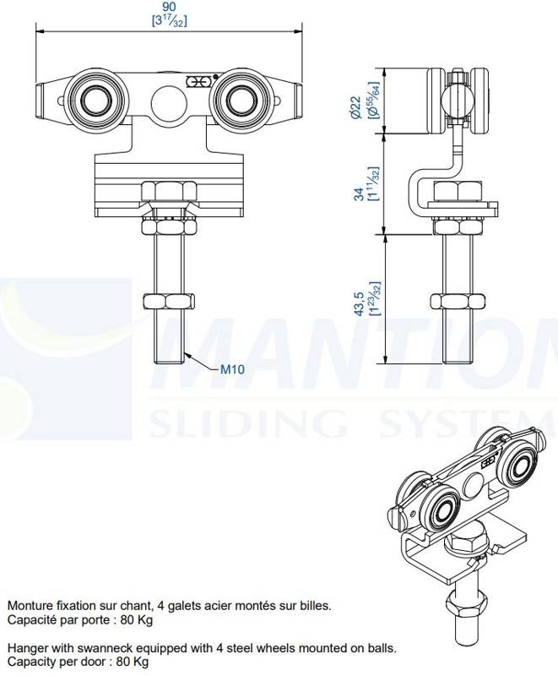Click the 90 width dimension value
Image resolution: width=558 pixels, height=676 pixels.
pos(169,7)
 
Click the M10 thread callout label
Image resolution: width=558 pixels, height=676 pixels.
pos(232,369)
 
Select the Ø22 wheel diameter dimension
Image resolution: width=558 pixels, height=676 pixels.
pos(355,107)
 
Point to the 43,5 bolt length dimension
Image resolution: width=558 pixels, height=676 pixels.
pos(360,303)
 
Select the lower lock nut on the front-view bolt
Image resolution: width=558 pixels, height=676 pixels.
pos(169,302)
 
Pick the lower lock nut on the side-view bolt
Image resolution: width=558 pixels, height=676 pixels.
pos(458,302)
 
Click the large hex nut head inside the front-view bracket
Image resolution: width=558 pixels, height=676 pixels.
pos(169,191)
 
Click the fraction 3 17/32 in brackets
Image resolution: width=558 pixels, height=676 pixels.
pos(169,20)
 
